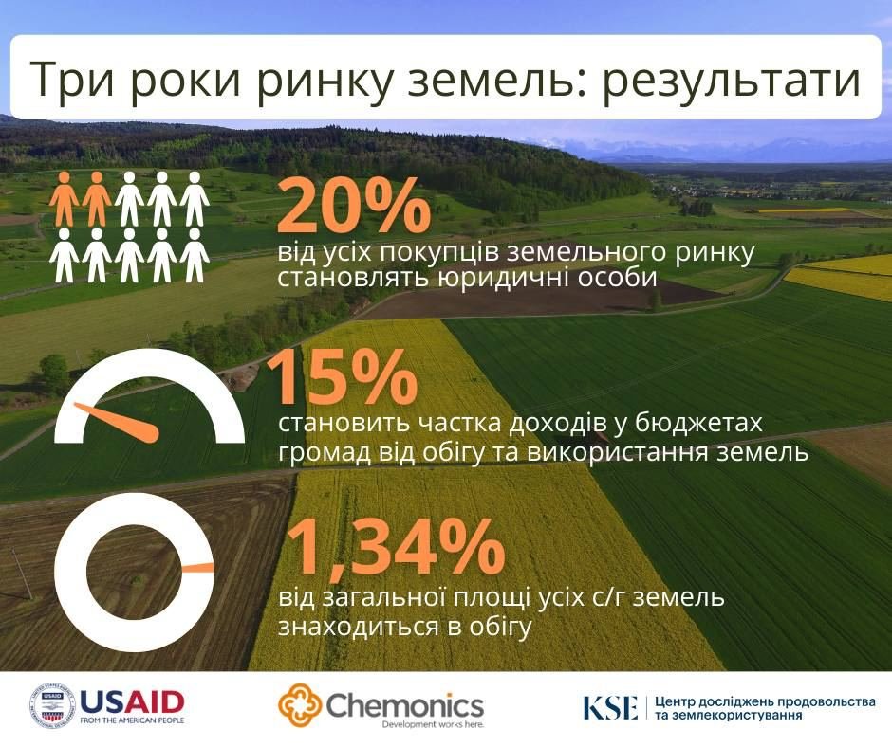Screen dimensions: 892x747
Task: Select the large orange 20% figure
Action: click(354, 205)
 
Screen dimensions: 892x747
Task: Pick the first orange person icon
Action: click(65, 198)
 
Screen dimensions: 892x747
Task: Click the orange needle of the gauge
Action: click(117, 421)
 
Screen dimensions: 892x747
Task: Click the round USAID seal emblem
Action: click(52, 705)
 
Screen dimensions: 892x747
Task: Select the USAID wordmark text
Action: click(132, 702)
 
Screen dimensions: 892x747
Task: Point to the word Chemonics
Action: click(404, 705)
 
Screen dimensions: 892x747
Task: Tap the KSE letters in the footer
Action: click(610, 707)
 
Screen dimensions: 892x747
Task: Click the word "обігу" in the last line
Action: click(500, 626)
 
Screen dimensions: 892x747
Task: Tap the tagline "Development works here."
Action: click(433, 725)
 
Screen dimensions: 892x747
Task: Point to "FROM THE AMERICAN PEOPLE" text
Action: click(132, 720)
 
